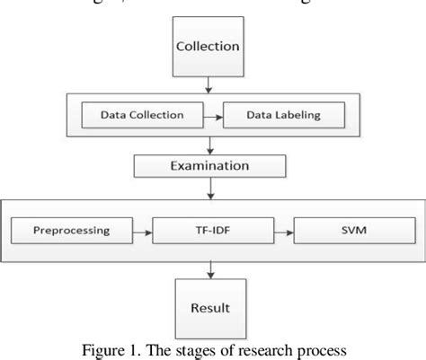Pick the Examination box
[209, 167]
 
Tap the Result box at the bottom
[209, 306]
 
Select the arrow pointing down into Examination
[209, 145]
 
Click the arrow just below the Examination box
[209, 188]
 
